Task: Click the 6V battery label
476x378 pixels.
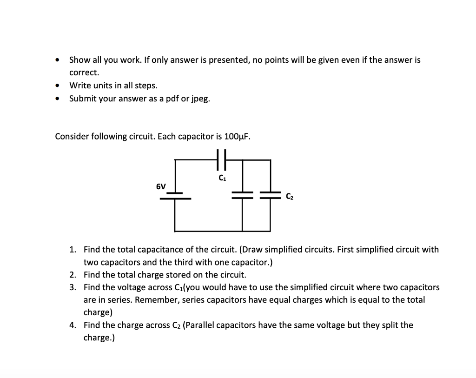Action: [x=160, y=186]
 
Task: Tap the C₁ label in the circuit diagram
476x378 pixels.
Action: [x=221, y=177]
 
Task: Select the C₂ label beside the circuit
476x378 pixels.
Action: [x=289, y=197]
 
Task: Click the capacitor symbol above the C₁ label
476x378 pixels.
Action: [x=221, y=159]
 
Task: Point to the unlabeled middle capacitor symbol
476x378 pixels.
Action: [x=242, y=195]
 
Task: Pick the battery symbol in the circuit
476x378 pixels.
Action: [x=175, y=196]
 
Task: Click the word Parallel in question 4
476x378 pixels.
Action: [x=199, y=325]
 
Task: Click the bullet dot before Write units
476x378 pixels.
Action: [x=57, y=86]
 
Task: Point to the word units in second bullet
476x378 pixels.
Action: [x=101, y=86]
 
